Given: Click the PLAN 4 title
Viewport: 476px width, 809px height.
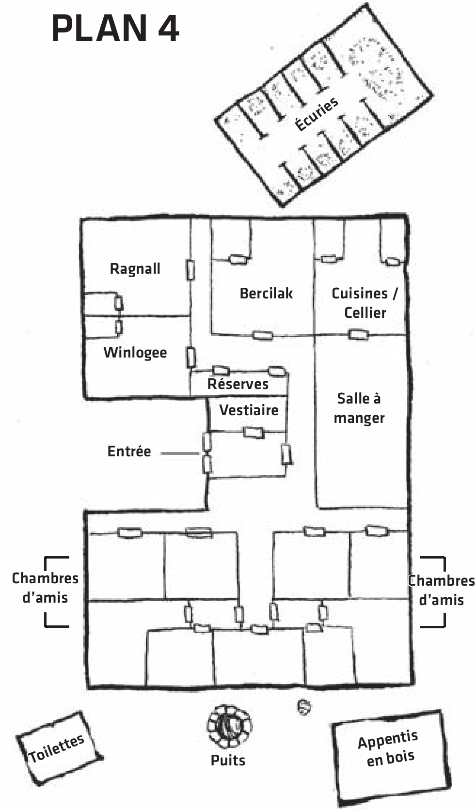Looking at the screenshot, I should (115, 28).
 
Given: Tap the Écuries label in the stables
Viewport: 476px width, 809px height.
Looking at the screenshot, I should (316, 114).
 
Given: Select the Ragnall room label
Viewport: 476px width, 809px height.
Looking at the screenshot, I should (135, 268).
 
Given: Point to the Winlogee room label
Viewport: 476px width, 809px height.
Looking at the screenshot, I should (135, 352).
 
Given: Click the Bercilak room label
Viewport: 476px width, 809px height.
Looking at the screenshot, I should (266, 293).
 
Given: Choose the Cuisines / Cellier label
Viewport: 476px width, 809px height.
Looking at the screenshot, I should (365, 303).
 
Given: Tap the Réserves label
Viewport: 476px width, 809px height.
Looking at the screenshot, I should (238, 384).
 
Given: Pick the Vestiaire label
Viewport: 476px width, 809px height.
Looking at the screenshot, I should (249, 410).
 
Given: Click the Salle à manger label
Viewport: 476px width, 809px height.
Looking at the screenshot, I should (359, 408).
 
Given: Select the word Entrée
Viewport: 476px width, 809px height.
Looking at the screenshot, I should (129, 451).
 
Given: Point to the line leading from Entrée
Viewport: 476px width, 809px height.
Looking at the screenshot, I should (180, 453).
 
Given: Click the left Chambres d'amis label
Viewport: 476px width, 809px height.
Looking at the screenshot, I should (45, 588).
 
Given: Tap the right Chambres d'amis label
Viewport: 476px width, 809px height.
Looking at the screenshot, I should (441, 590).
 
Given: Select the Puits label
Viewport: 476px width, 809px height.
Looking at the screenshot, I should (228, 760).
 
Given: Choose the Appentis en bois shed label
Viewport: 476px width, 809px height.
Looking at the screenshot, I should (389, 748).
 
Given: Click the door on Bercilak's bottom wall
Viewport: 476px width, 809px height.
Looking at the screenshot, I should (262, 335).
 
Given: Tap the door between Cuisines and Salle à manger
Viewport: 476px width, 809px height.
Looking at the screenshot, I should (359, 334).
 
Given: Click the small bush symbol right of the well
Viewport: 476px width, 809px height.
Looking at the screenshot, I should (304, 708).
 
